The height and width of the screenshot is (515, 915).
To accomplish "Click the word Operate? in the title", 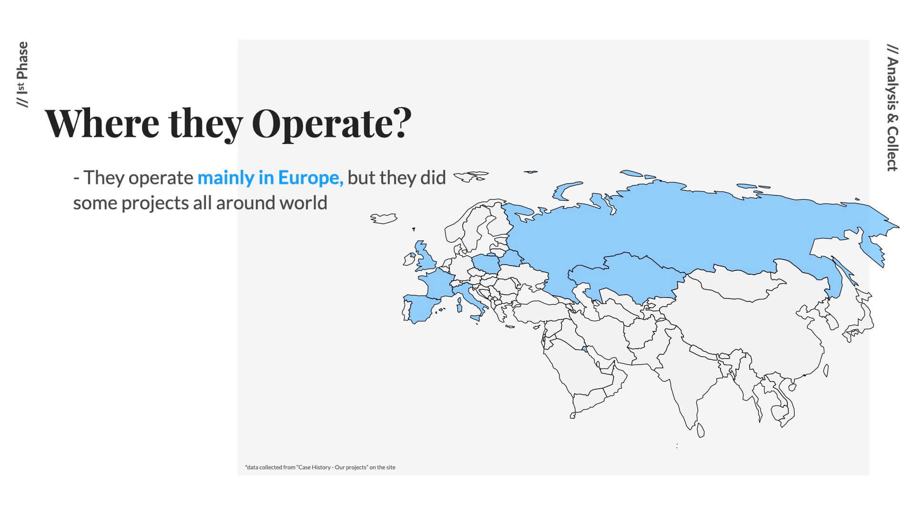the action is click(331, 124).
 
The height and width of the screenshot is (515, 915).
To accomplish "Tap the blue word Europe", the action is click(311, 178).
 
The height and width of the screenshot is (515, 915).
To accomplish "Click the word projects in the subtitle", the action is click(155, 204).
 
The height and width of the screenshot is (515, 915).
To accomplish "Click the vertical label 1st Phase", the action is click(22, 75).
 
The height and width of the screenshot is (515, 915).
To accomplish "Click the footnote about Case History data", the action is click(320, 467).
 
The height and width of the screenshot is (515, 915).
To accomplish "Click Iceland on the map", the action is click(384, 218).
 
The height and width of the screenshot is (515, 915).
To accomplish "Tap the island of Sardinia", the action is click(459, 305).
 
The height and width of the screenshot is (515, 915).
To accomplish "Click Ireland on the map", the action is click(409, 259).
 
